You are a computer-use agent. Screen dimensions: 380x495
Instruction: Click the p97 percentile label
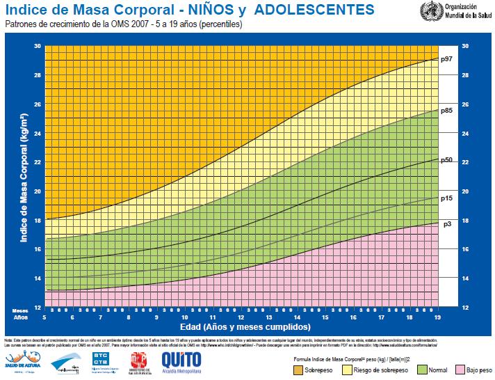click(447, 60)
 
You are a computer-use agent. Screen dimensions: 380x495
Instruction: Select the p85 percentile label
click(447, 111)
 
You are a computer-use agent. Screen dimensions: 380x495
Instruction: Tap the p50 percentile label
click(447, 160)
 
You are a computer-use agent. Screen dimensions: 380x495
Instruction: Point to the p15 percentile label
click(447, 198)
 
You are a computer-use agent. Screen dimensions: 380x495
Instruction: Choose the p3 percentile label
click(446, 224)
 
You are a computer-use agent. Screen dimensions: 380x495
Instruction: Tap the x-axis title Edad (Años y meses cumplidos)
click(245, 326)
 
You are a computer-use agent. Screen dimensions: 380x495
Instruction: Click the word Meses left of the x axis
click(19, 310)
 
